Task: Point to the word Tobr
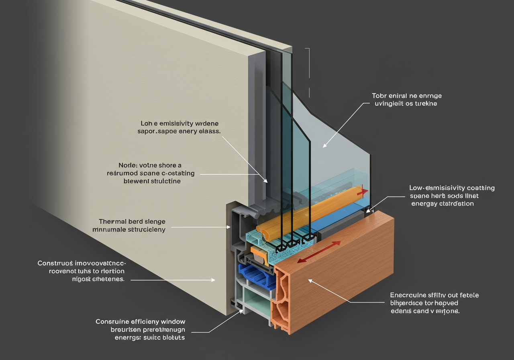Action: pyautogui.click(x=379, y=96)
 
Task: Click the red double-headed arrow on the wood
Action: pyautogui.click(x=319, y=252)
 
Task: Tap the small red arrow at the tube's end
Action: pyautogui.click(x=364, y=191)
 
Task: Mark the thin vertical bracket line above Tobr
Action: pyautogui.click(x=309, y=72)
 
